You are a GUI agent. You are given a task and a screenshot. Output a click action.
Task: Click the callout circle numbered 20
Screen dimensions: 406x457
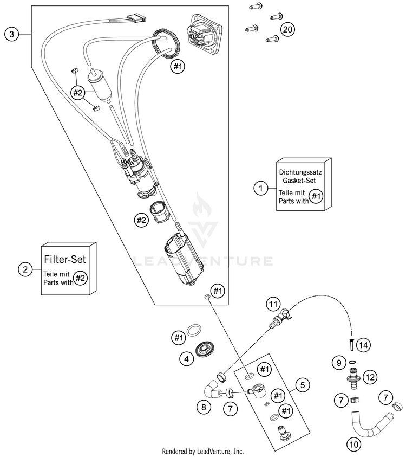(287, 29)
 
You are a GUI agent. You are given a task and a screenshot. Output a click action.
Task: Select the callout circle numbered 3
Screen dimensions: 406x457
(12, 34)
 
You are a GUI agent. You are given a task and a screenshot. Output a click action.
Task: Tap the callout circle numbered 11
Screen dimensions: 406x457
(273, 304)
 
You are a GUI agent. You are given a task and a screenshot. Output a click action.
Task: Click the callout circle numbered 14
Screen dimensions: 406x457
(364, 345)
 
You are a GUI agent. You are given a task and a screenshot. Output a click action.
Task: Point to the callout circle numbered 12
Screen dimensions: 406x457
(370, 377)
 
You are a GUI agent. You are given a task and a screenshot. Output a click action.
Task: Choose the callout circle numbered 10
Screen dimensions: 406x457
(353, 444)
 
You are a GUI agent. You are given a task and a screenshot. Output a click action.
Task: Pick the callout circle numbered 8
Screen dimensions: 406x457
(204, 407)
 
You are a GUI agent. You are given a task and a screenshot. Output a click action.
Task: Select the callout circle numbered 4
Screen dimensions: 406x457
(187, 358)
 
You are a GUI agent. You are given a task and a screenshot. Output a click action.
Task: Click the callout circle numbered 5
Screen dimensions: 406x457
(303, 385)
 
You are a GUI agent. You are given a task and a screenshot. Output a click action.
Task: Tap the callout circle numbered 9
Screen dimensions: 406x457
(339, 363)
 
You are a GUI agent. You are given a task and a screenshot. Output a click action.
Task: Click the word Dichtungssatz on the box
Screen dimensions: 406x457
(300, 172)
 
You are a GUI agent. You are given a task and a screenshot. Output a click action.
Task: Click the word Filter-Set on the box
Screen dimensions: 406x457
(65, 259)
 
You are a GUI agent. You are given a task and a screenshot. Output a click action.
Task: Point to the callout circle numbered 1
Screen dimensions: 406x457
(261, 188)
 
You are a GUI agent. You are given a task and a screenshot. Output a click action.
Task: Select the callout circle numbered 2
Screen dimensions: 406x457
(25, 269)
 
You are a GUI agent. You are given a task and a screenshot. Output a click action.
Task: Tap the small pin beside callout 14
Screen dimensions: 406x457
(351, 345)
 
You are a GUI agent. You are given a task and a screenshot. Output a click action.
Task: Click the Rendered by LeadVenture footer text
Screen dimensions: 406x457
(203, 452)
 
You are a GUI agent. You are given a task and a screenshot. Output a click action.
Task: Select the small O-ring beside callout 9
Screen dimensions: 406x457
(352, 362)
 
